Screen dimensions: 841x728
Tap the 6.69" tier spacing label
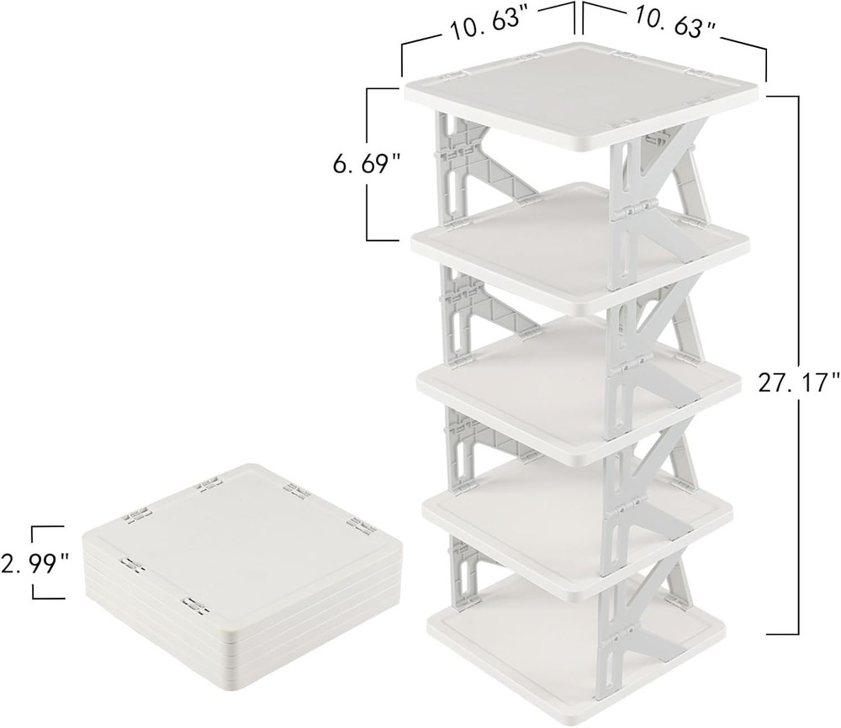(368, 165)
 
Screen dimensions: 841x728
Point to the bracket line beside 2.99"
(34, 563)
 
